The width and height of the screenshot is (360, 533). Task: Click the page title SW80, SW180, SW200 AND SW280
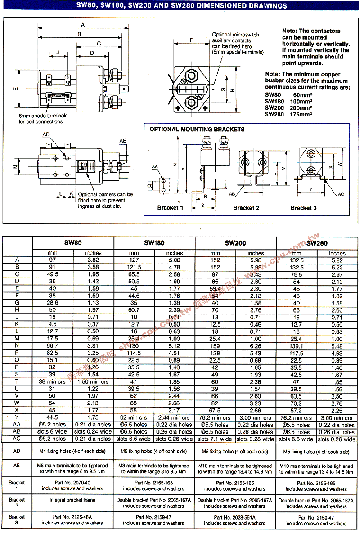[x=180, y=6]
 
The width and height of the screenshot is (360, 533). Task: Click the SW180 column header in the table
[x=154, y=242]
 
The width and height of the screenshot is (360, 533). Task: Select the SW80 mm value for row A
[x=53, y=260]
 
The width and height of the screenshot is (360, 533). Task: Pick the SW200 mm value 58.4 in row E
[x=215, y=288]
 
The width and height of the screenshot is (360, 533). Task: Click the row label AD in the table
[x=17, y=451]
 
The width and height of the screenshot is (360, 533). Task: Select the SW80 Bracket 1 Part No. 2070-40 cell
[x=72, y=485]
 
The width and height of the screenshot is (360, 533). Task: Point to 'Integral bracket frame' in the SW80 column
[x=72, y=500]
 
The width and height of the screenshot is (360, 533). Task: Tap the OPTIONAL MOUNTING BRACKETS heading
[x=197, y=130]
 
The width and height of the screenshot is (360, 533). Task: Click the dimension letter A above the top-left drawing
[x=83, y=24]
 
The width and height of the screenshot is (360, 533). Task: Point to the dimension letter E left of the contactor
[x=16, y=89]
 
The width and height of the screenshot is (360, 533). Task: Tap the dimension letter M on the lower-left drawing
[x=16, y=166]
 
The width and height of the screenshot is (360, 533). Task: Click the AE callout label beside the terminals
[x=123, y=141]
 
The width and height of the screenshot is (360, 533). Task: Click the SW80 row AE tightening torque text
[x=72, y=469]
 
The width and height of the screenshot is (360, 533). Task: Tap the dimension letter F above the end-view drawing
[x=192, y=40]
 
